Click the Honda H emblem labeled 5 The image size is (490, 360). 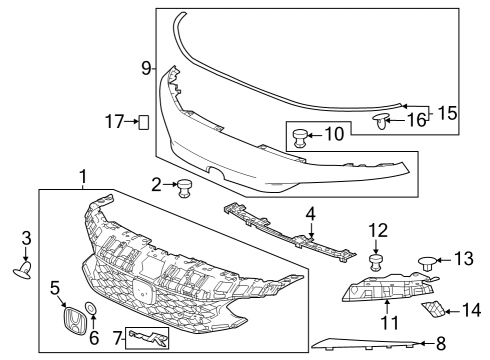(x=75, y=321)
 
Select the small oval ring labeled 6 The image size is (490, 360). (x=91, y=308)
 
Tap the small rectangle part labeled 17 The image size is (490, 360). (x=144, y=122)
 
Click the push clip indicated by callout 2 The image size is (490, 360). (x=183, y=188)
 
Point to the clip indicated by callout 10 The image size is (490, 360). (x=299, y=138)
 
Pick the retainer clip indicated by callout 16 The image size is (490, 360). (x=381, y=121)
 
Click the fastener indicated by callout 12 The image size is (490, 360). (x=376, y=262)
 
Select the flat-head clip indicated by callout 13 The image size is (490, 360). (x=426, y=263)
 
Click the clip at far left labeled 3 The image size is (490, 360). (x=23, y=270)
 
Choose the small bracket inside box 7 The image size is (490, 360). (x=149, y=338)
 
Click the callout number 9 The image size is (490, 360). (x=146, y=69)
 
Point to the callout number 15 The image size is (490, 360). (x=447, y=113)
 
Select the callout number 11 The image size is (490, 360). (x=389, y=322)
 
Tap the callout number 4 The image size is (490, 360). (x=310, y=214)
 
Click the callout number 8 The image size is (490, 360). (x=441, y=344)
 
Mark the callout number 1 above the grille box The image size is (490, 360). (x=83, y=177)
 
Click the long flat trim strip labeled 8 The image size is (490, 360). (x=364, y=344)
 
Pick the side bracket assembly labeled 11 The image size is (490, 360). (x=388, y=287)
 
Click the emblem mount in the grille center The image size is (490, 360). (x=143, y=292)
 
